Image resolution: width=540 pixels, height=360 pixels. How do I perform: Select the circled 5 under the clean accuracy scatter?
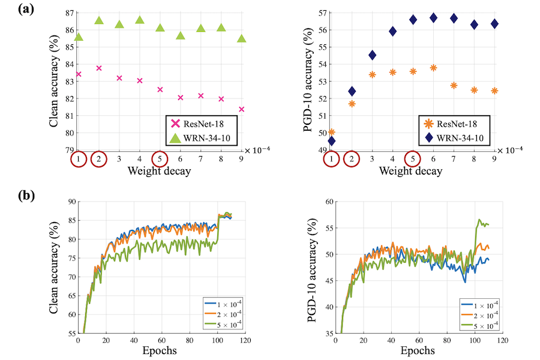(160, 159)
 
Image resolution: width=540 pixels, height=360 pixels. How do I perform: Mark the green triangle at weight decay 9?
(241, 38)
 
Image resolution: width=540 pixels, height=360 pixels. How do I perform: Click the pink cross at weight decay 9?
(241, 109)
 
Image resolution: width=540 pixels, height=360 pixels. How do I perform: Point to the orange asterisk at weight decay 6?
(433, 68)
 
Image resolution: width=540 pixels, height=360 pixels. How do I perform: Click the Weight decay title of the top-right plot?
(412, 171)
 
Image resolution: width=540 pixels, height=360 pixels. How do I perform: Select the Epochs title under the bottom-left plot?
(159, 351)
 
